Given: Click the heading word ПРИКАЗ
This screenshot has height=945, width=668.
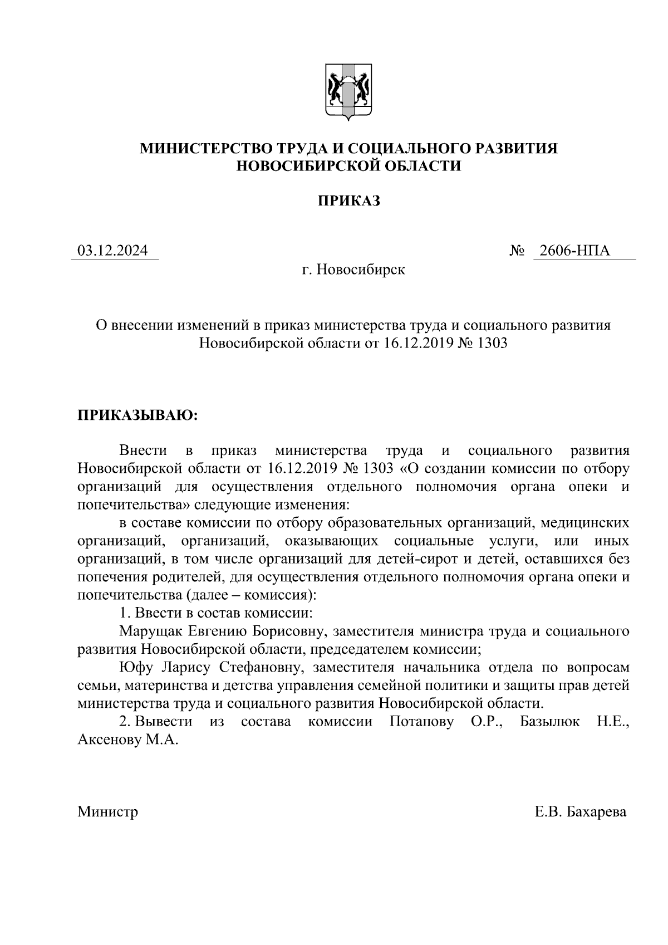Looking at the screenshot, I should [348, 201].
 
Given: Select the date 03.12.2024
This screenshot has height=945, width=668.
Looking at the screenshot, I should [113, 251].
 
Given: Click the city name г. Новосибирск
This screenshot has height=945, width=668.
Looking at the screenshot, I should [353, 270].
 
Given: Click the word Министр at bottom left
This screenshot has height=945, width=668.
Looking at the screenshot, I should [107, 812].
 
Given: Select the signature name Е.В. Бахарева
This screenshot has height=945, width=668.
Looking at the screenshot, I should [580, 812].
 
